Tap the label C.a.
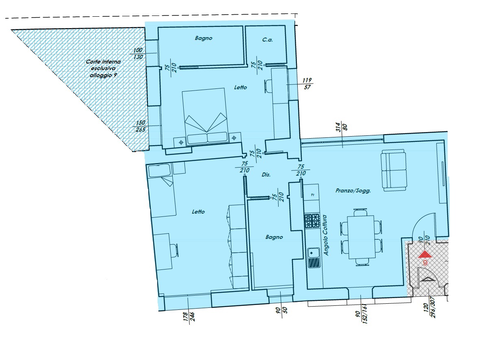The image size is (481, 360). coord(268,40)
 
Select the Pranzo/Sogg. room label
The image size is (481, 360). coord(353,190)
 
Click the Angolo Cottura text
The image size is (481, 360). coord(326,235)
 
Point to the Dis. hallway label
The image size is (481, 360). coord(266,174)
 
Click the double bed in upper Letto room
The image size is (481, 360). coord(204,116)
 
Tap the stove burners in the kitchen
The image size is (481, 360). coord(312,221)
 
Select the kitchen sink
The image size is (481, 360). coord(314,258)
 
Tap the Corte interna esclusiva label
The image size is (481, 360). coord(103,68)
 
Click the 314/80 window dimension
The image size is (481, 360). coord(341,127)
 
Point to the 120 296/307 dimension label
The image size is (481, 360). coord(429,307)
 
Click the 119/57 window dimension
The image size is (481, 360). coord(307,84)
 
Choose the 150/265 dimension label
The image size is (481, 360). coord(140,126)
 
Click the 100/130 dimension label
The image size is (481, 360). coord(138,53)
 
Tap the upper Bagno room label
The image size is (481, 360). coord(204,38)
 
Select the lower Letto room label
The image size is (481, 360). coord(198,212)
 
